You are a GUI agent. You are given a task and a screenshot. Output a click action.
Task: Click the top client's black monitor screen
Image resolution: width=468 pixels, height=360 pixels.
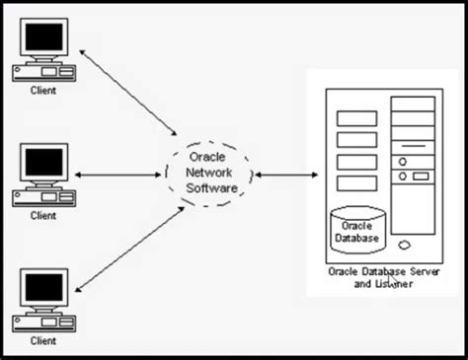pyautogui.click(x=44, y=39)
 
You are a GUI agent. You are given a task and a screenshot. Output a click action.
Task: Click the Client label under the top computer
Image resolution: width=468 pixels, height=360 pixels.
pyautogui.click(x=43, y=91)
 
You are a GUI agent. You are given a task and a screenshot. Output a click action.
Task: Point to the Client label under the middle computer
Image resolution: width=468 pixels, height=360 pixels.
pyautogui.click(x=43, y=214)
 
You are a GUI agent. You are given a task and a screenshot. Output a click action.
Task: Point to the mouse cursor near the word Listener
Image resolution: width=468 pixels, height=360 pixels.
pyautogui.click(x=392, y=280)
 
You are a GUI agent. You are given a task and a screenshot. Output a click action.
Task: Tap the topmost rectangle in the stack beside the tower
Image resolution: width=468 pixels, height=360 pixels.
pyautogui.click(x=356, y=118)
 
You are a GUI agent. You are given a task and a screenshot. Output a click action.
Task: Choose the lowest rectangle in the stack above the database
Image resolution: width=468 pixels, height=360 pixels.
pyautogui.click(x=356, y=184)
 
